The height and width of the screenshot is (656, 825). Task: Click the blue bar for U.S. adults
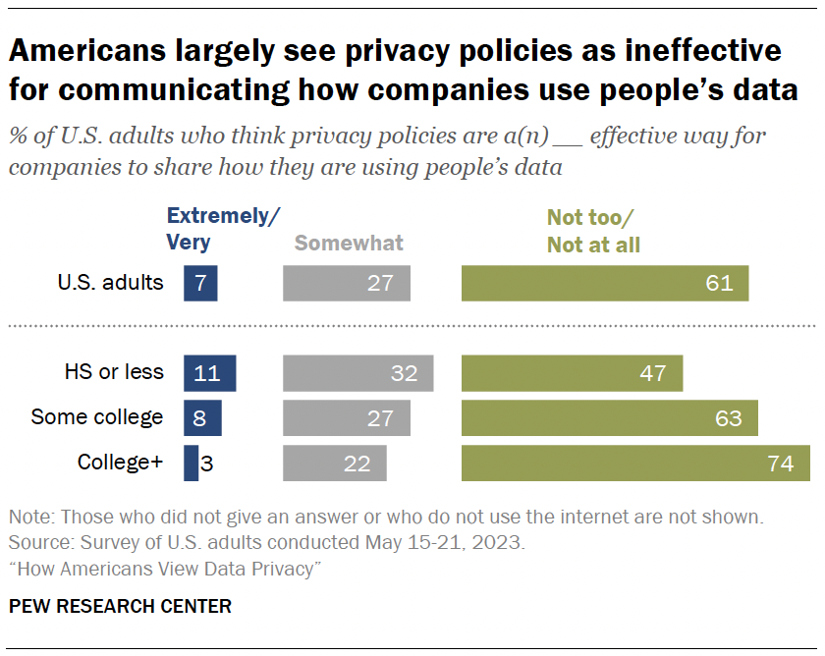[199, 283]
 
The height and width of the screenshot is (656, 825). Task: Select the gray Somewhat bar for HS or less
[357, 373]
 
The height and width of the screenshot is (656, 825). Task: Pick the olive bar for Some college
[609, 417]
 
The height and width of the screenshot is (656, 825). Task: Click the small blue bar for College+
[191, 463]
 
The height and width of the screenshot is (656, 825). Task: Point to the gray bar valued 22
[334, 463]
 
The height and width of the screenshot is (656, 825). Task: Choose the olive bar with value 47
[572, 373]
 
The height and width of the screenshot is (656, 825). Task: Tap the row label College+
[120, 462]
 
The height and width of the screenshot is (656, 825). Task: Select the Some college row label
[97, 416]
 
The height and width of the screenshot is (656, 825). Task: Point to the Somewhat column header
[349, 243]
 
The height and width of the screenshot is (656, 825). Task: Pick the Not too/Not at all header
[593, 232]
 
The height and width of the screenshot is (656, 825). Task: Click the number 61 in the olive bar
[719, 283]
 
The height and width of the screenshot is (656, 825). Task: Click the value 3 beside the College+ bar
[207, 463]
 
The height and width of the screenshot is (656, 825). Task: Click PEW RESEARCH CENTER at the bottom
[120, 606]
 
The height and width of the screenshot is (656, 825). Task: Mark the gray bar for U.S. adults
[346, 283]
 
